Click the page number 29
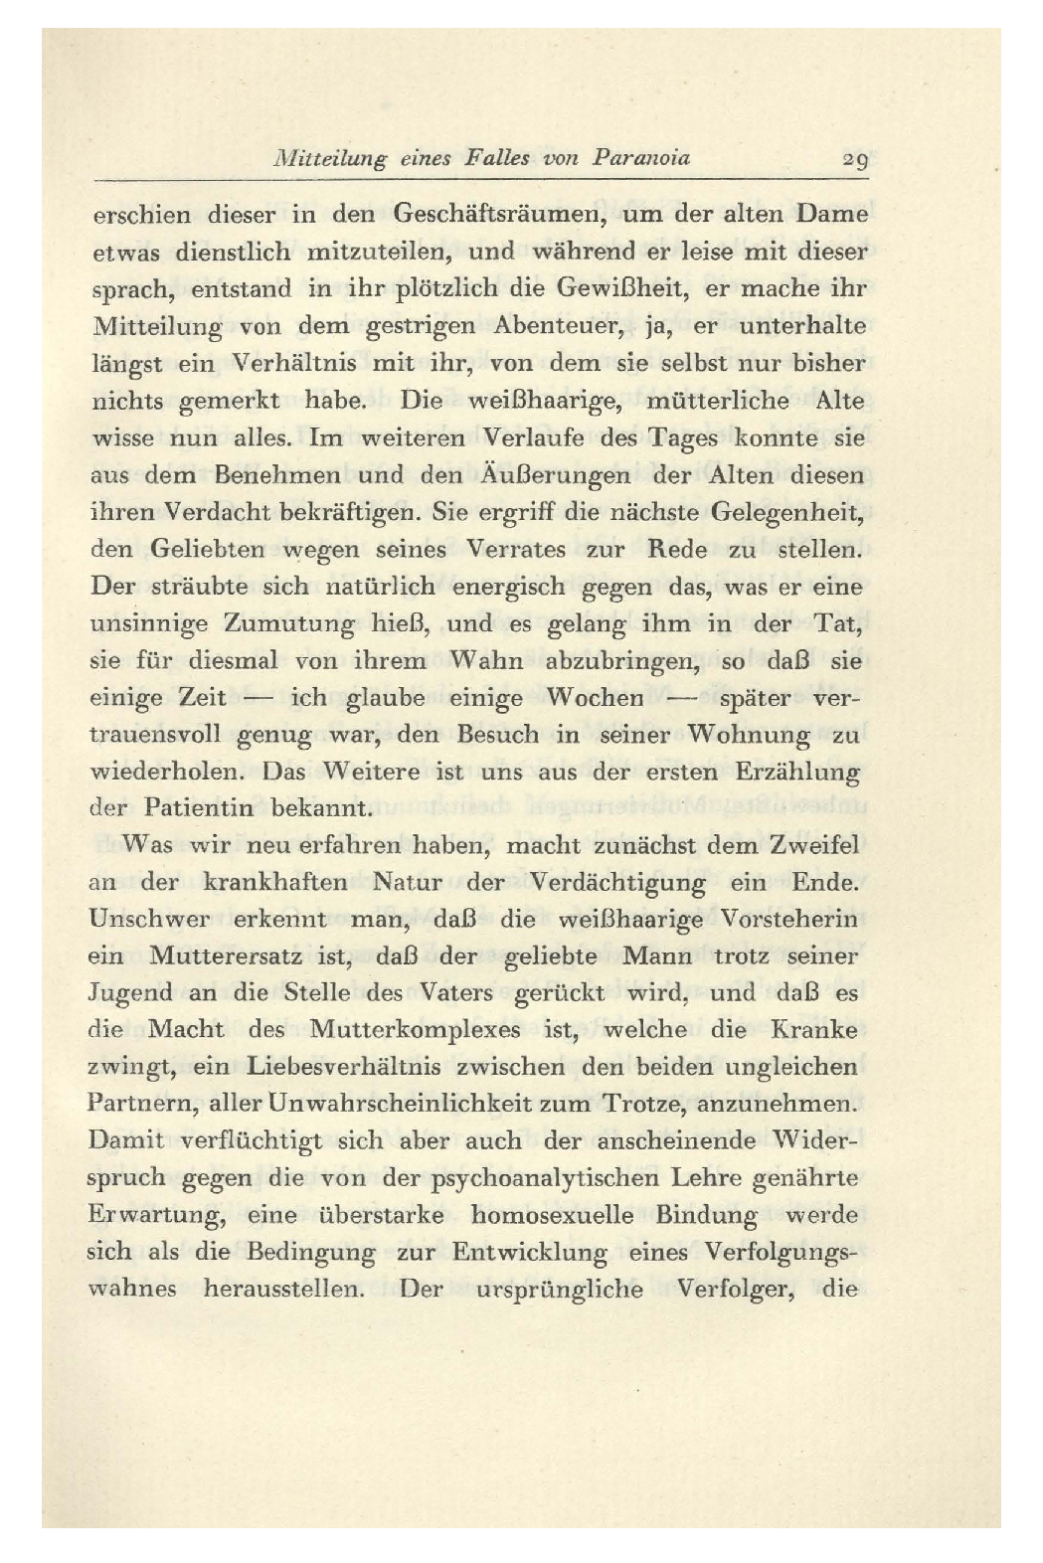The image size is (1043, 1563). pyautogui.click(x=853, y=158)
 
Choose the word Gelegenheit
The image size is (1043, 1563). pyautogui.click(x=787, y=513)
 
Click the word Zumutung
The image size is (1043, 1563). pyautogui.click(x=290, y=624)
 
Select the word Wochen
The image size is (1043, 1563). pyautogui.click(x=595, y=698)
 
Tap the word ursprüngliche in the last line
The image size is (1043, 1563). pyautogui.click(x=559, y=1290)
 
